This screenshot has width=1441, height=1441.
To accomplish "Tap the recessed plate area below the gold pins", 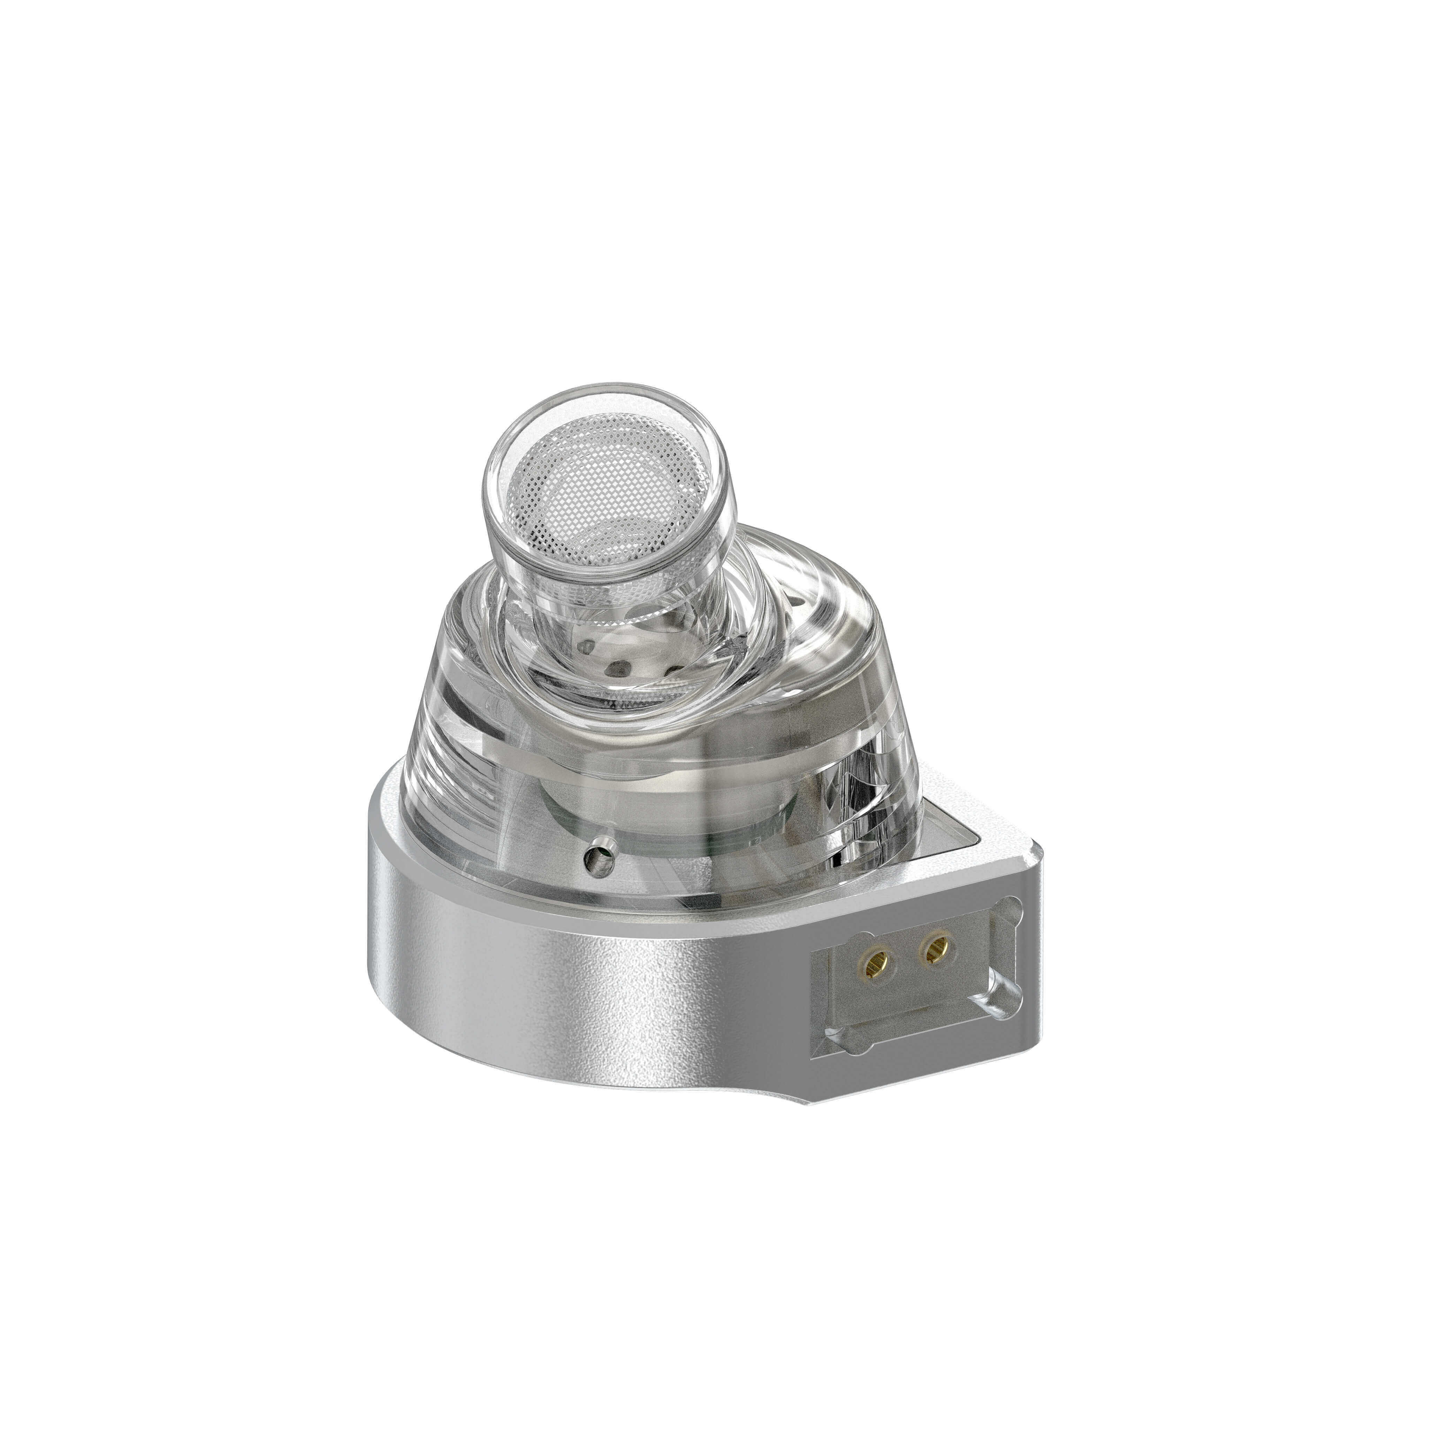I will tap(917, 999).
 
